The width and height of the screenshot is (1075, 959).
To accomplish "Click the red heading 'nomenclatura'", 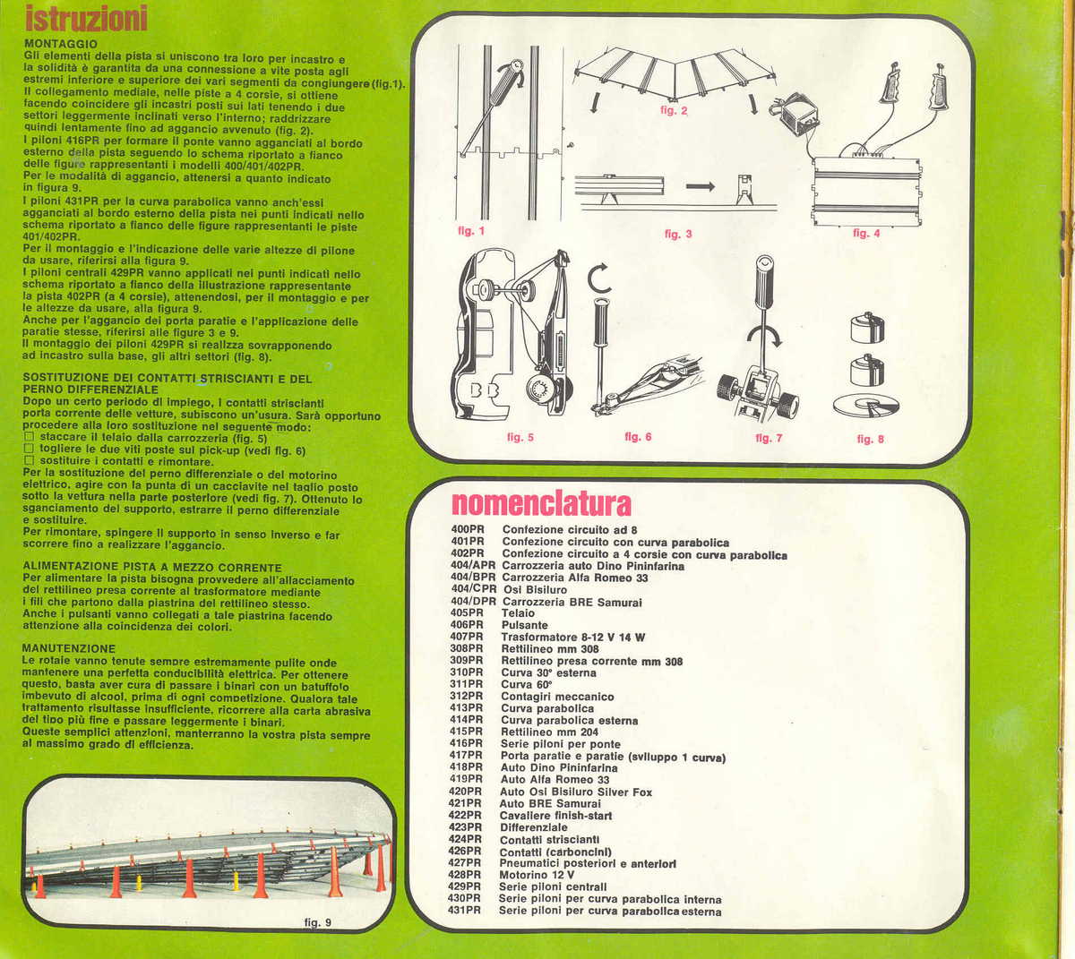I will coord(541,504).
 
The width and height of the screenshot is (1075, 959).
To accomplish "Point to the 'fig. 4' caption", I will coord(865,233).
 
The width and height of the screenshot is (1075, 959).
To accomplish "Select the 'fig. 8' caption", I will coord(870,439).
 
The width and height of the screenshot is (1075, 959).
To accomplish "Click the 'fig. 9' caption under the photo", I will coord(317,922).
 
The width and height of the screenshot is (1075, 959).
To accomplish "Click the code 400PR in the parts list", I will coord(468,530).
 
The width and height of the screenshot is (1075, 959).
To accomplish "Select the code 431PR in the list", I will coord(465,911).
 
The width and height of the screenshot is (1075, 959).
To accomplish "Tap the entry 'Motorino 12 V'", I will coord(537,875).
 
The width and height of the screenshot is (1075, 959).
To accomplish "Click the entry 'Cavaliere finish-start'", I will coord(555,816).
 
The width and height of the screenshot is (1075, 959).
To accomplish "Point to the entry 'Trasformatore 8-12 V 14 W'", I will coord(572,638).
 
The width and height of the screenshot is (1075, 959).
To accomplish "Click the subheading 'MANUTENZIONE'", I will coord(69,647).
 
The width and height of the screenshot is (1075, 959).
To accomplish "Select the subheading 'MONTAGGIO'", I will coord(61,43).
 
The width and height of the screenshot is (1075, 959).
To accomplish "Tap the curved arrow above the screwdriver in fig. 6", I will coord(599,279).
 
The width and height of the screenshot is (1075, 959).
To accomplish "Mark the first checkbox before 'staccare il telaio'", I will coord(29,438).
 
